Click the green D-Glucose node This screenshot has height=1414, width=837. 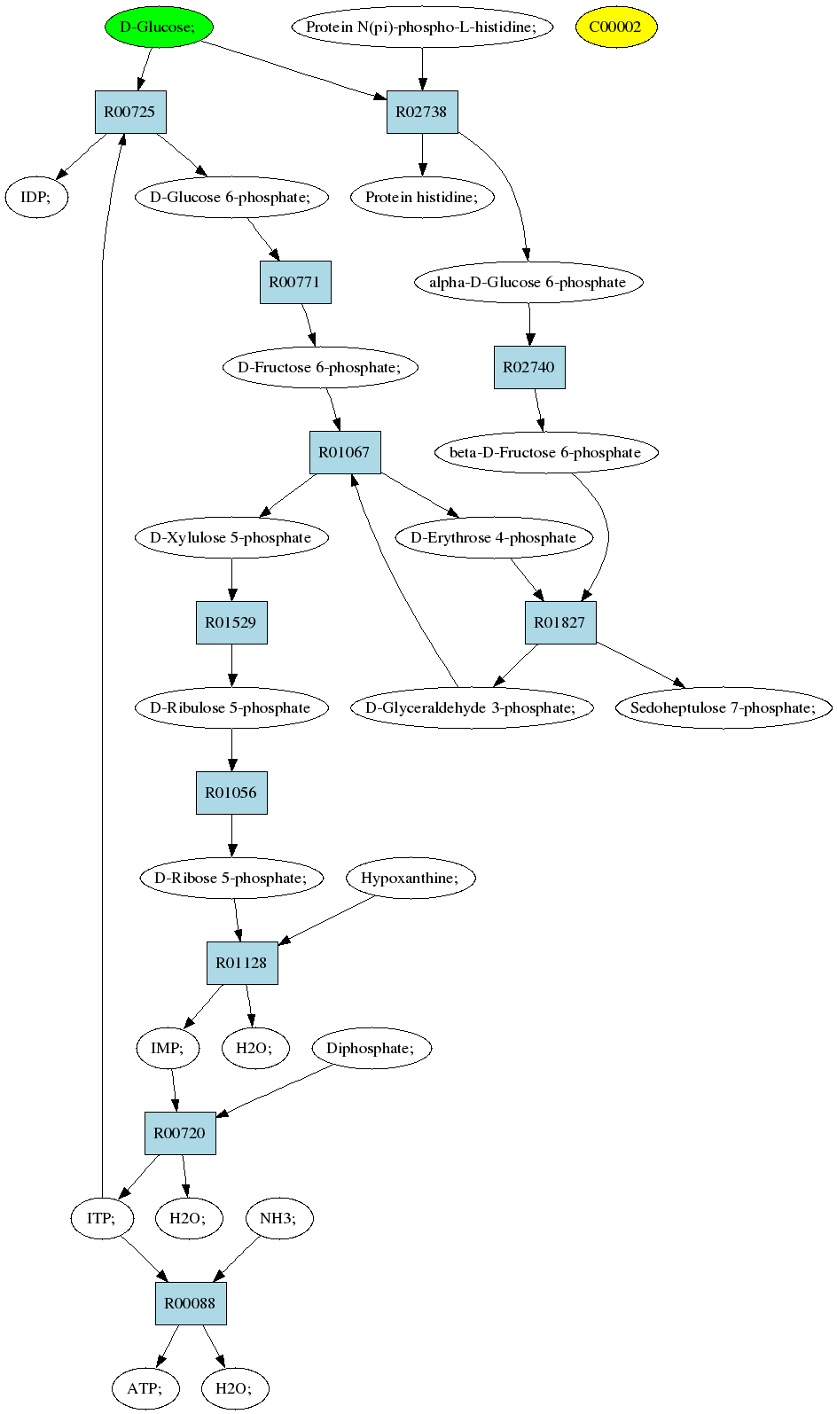pos(159,27)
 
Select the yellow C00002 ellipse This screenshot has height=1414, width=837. pos(617,27)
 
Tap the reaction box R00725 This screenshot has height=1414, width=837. pos(130,112)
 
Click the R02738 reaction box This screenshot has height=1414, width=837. pos(422,112)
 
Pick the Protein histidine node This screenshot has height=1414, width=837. pos(422,197)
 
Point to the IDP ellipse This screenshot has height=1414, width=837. pos(36,197)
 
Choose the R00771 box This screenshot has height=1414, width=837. pos(295,282)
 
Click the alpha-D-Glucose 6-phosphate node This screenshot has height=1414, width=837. pos(529,282)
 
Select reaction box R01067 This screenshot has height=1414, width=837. pos(345,452)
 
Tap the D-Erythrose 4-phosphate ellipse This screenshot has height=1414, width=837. pos(494,538)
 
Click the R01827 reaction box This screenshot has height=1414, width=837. pos(560,622)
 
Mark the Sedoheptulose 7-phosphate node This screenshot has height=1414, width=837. pos(724,707)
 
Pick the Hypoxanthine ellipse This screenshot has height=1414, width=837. pos(411,878)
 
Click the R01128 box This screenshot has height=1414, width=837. pos(242,963)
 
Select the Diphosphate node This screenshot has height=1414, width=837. pos(372,1048)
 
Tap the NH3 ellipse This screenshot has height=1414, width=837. pos(279,1218)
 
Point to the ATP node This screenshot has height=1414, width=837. pos(145,1388)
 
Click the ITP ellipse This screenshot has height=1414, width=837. pos(102,1218)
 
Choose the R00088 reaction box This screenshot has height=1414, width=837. pos(192,1303)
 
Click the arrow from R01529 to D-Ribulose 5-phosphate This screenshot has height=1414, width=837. pos(231,666)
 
